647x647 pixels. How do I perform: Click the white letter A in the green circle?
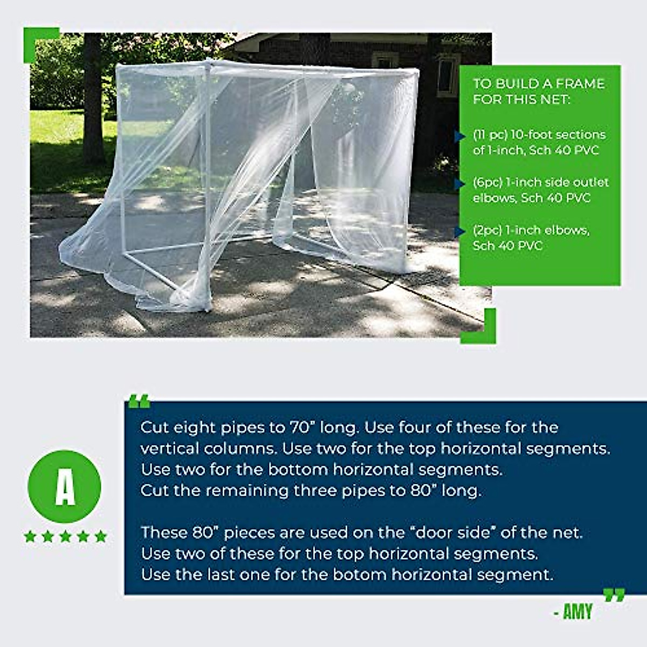[x=65, y=486]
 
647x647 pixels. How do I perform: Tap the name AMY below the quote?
[x=577, y=612]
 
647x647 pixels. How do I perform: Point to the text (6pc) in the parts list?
[x=488, y=182]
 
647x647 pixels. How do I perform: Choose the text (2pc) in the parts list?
[x=487, y=230]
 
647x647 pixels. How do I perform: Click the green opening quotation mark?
[x=139, y=402]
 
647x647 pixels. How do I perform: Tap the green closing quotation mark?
[x=614, y=595]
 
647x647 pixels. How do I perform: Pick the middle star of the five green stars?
[x=65, y=536]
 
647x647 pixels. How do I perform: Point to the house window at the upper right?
[x=449, y=75]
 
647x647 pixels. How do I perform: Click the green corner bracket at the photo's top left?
[x=38, y=40]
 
